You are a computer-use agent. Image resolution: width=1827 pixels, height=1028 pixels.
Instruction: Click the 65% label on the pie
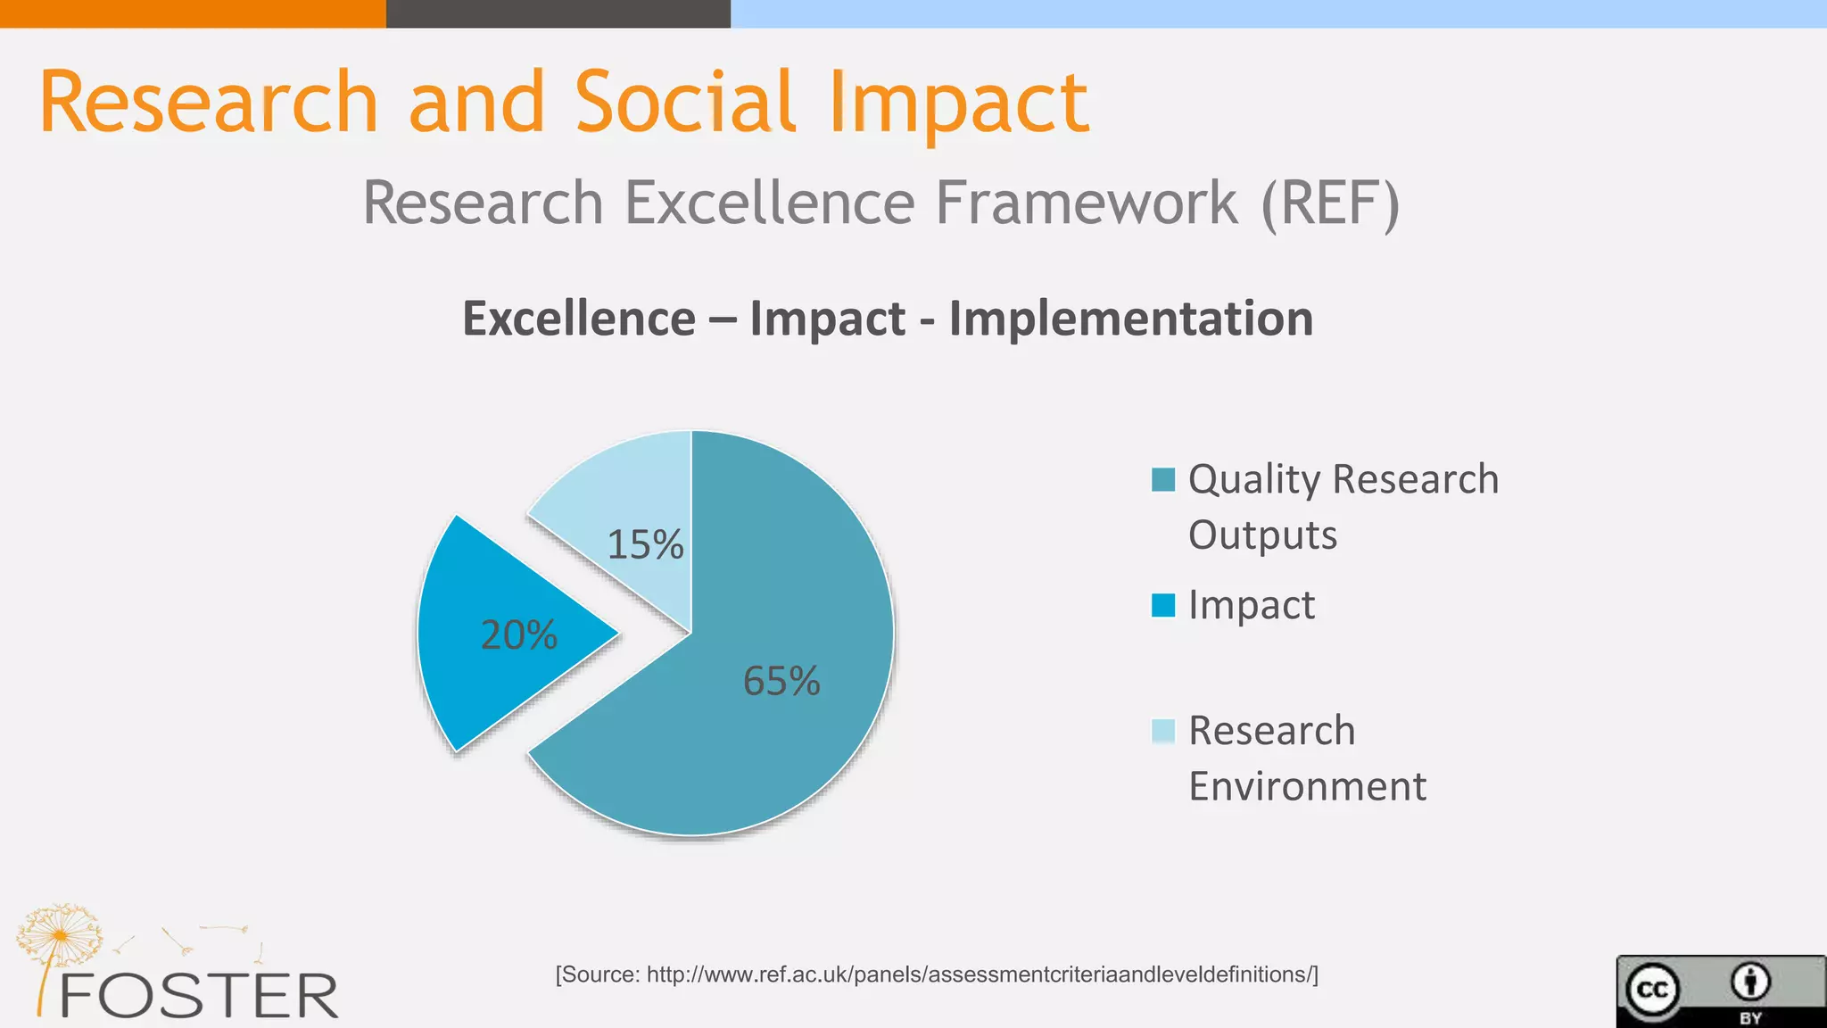click(781, 681)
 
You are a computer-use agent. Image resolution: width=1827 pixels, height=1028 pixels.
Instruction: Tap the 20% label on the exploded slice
click(519, 634)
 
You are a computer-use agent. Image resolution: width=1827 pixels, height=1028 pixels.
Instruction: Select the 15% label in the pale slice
click(645, 544)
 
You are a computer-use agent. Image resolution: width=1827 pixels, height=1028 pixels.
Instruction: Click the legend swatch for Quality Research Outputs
click(1163, 479)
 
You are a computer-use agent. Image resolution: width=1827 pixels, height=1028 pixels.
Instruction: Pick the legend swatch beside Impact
click(1163, 605)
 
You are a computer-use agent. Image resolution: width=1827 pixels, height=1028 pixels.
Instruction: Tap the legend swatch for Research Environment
click(1163, 731)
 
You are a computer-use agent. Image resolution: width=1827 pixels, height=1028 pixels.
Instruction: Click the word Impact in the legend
click(1252, 605)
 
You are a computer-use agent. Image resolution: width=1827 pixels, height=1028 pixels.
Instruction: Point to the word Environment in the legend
click(1307, 786)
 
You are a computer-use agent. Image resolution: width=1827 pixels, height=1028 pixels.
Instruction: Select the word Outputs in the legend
click(1262, 535)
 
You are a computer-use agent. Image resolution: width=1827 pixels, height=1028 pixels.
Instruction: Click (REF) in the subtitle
click(1330, 203)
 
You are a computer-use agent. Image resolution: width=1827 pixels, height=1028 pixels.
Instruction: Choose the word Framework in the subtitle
click(1086, 203)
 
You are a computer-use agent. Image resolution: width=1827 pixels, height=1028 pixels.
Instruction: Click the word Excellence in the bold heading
click(579, 319)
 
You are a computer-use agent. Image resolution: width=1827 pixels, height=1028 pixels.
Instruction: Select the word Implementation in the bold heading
click(1130, 319)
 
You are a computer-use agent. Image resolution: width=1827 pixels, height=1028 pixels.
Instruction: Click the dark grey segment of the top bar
click(558, 13)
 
